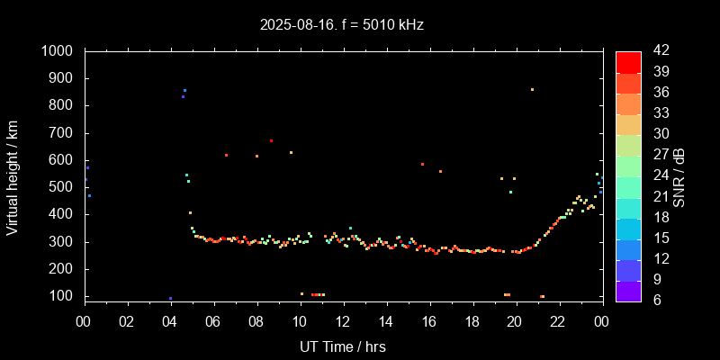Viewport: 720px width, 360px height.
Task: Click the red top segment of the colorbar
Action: pos(628,61)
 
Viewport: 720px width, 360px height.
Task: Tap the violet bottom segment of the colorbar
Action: pos(628,290)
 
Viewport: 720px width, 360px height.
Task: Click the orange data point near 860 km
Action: pos(532,89)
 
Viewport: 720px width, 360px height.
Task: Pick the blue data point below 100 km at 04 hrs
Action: pos(170,298)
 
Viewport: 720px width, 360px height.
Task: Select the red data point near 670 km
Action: pos(271,140)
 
